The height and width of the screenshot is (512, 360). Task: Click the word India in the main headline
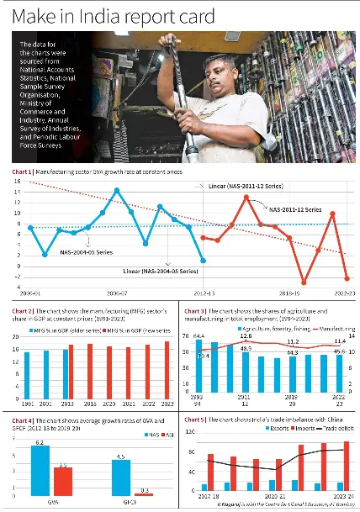118,16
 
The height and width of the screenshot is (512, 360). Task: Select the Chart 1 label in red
23,172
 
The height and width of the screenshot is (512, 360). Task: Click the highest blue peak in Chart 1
116,190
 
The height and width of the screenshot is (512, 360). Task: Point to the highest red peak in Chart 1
246,197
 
